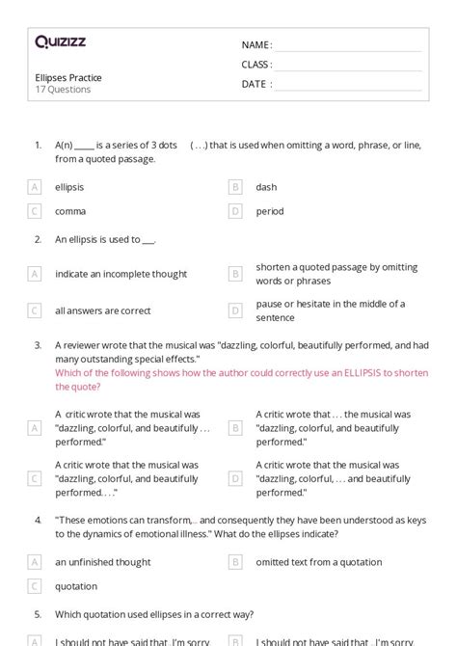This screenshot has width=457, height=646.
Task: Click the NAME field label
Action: click(x=256, y=45)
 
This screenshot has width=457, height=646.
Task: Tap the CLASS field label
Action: click(x=256, y=65)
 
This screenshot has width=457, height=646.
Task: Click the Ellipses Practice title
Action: click(x=67, y=78)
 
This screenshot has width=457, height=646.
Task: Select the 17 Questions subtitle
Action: click(x=63, y=90)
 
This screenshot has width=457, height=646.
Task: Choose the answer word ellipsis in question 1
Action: click(x=69, y=187)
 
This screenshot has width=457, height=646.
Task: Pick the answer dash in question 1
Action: click(x=266, y=187)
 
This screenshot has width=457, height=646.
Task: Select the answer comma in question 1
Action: click(x=70, y=211)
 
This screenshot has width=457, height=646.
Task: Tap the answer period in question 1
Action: click(x=270, y=211)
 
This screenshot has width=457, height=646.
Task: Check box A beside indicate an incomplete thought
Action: click(x=35, y=274)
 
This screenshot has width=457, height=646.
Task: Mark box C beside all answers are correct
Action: click(x=35, y=310)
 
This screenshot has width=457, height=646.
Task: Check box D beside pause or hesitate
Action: click(x=234, y=310)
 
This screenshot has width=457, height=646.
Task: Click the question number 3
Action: click(x=38, y=344)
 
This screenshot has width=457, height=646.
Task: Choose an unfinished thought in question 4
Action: click(x=102, y=561)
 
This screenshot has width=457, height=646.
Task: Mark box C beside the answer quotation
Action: click(x=35, y=586)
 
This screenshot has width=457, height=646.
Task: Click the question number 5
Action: click(x=38, y=613)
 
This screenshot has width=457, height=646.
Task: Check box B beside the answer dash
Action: click(x=234, y=187)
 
